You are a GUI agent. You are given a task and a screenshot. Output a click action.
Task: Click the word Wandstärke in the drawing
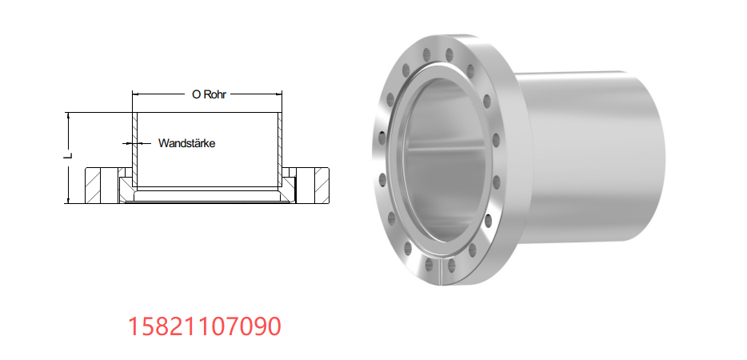[187, 143]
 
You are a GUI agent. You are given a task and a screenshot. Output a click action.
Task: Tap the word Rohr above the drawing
[215, 94]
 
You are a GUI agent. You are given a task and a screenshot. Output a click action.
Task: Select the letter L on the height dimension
[69, 155]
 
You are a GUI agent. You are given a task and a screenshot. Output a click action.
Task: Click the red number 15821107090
[205, 326]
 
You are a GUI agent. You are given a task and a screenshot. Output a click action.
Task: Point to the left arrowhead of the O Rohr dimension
[135, 94]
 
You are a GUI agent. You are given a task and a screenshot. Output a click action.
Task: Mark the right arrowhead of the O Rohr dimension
[278, 94]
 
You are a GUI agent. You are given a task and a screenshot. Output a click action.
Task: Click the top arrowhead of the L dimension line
[69, 116]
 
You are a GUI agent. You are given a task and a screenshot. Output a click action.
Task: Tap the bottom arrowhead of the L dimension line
[69, 200]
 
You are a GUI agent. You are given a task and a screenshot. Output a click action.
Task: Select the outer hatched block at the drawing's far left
[93, 186]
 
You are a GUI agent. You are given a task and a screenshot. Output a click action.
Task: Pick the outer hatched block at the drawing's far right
[322, 186]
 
